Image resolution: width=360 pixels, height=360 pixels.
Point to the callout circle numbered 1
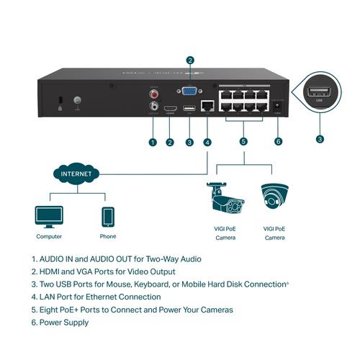[152, 142]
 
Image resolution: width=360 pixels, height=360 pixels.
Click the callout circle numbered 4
[207, 142]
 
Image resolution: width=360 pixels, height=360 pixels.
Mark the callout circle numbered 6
[279, 142]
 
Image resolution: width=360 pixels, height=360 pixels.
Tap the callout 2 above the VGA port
[190, 60]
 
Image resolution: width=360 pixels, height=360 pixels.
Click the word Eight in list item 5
[50, 310]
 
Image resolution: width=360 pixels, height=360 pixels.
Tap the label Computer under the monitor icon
[49, 236]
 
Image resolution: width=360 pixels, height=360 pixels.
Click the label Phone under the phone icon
[107, 236]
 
